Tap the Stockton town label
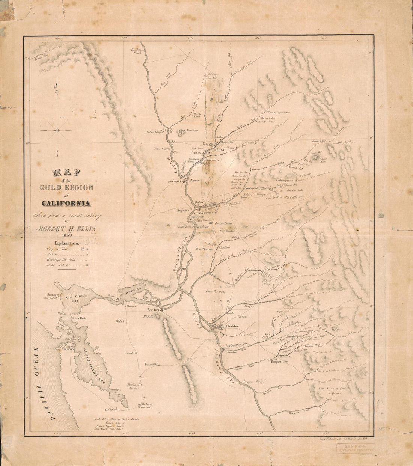click(233, 327)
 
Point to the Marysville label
click(227, 142)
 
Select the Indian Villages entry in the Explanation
click(59, 265)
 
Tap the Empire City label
click(279, 362)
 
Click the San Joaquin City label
click(237, 347)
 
